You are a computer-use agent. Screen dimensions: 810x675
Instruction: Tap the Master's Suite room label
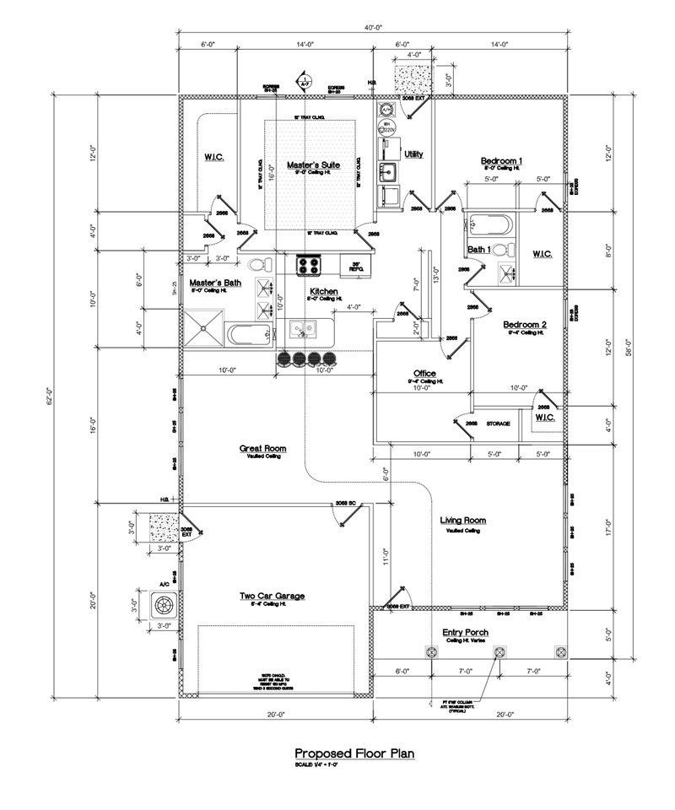(312, 165)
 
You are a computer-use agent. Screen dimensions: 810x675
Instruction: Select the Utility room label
(413, 154)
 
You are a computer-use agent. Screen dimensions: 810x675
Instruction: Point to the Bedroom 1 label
(502, 160)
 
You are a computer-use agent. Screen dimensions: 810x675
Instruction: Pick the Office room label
(424, 373)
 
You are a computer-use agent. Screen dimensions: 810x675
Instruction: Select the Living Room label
(463, 521)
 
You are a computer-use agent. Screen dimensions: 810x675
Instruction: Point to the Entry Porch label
(465, 632)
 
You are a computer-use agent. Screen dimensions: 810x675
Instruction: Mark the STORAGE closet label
(498, 424)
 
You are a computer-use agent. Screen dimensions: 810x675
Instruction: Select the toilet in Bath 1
(499, 250)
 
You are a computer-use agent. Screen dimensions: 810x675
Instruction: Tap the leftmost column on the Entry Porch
(431, 651)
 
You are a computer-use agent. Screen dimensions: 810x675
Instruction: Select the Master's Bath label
(215, 283)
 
